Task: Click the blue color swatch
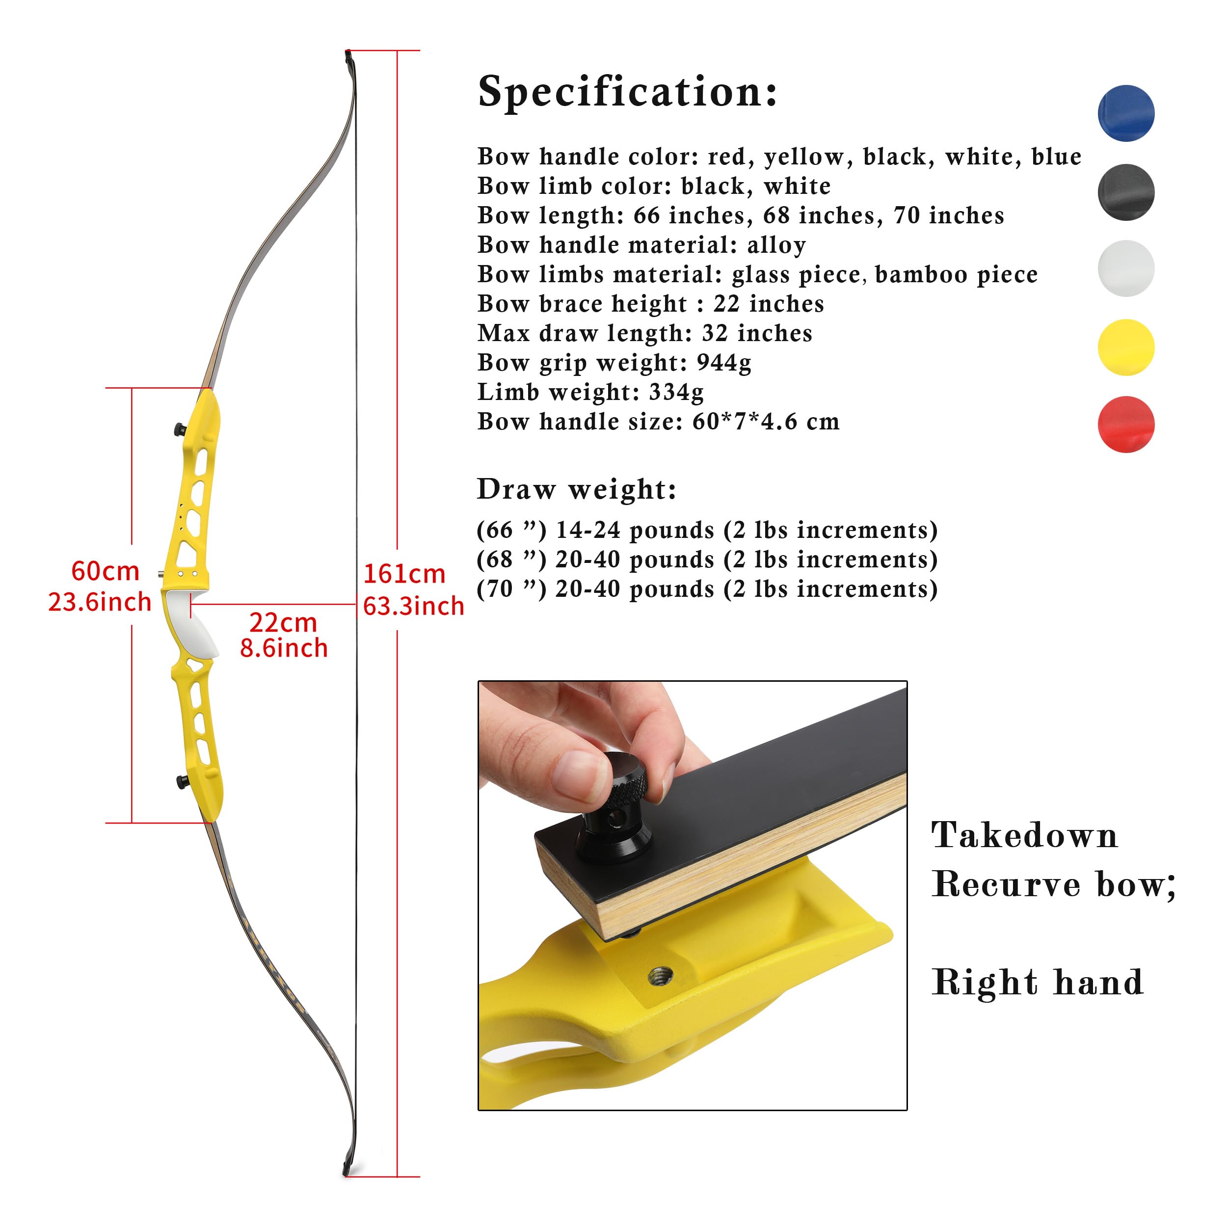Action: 1125,113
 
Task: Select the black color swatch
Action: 1125,192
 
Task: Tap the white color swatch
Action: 1125,268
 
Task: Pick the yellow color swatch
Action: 1125,347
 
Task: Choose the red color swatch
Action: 1125,424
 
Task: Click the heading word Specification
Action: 627,92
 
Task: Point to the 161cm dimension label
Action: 404,574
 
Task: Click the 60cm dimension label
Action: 106,571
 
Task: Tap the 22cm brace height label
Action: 283,622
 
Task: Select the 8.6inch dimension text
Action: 284,648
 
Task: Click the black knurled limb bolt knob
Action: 615,805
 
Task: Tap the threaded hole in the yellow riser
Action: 661,974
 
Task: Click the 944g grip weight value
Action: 724,363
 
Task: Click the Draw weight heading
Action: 577,490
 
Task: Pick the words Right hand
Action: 1038,983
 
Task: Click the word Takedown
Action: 1024,835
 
